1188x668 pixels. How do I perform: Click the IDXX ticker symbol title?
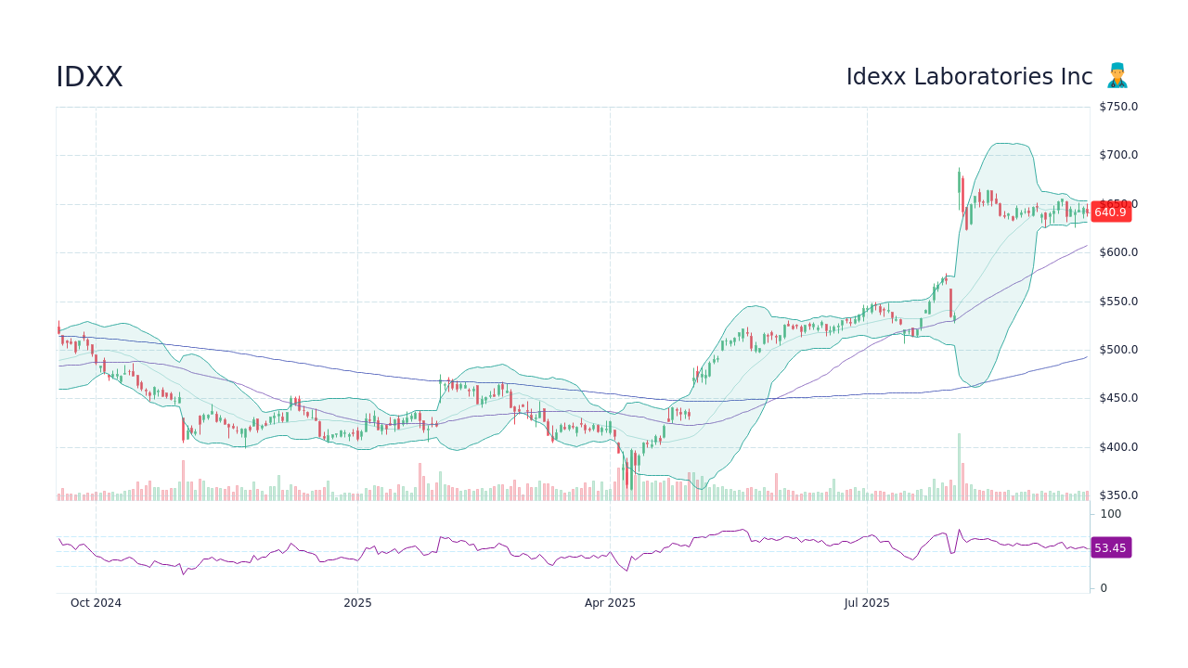tap(89, 78)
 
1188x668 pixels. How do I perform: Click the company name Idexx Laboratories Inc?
tap(969, 77)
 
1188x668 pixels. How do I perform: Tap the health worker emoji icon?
tap(1117, 76)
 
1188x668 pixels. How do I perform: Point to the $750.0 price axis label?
tap(1118, 107)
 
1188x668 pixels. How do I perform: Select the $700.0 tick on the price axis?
tap(1118, 155)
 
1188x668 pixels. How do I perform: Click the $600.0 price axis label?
tap(1118, 252)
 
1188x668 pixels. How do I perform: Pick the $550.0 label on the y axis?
tap(1118, 302)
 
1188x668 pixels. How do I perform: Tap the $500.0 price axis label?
tap(1118, 350)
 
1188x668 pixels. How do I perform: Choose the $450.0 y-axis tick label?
tap(1118, 398)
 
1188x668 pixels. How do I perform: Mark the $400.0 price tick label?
tap(1118, 447)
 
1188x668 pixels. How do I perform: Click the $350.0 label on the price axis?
tap(1118, 495)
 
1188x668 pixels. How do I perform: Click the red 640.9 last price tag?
tap(1110, 212)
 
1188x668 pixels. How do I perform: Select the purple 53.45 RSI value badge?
tap(1110, 548)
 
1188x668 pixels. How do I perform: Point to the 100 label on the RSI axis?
tap(1111, 514)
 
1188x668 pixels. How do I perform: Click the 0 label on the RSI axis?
tap(1104, 588)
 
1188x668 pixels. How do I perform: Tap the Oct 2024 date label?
tap(96, 603)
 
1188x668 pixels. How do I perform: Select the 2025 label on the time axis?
tap(357, 603)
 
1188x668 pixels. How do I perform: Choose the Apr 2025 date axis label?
tap(610, 603)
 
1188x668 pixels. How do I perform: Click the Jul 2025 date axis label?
tap(867, 603)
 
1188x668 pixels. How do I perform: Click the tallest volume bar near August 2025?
tap(959, 467)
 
